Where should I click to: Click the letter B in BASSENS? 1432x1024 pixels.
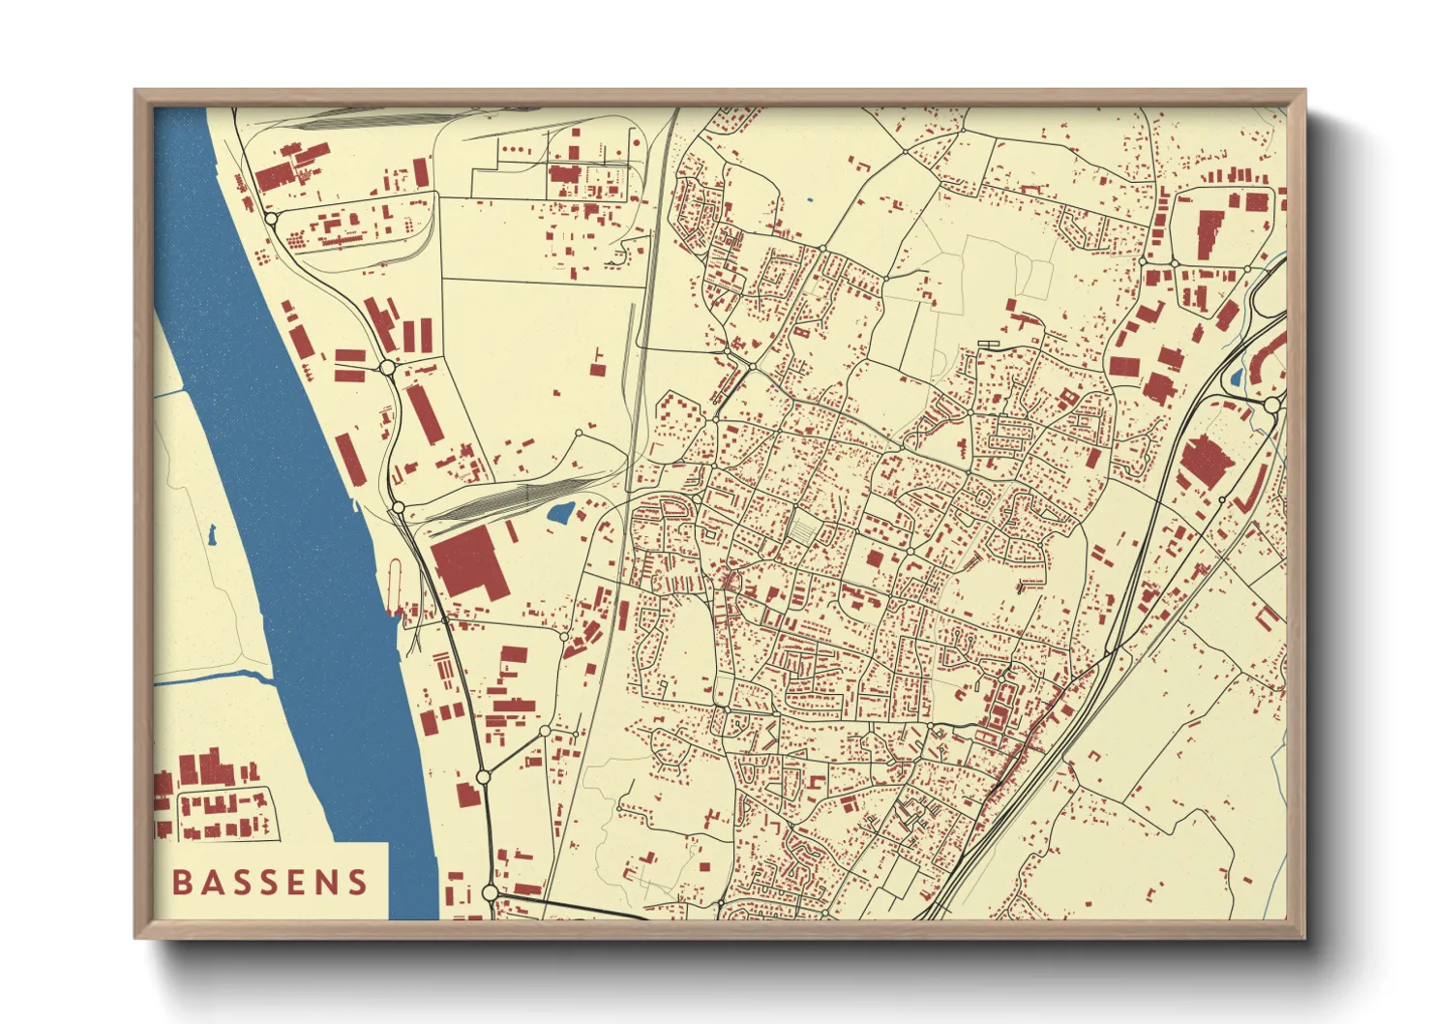coord(181,882)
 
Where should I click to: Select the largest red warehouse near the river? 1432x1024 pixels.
coord(467,564)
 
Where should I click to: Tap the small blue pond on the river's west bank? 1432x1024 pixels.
coord(211,532)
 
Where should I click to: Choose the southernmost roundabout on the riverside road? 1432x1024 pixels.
coord(490,892)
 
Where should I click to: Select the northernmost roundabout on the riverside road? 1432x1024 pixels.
coord(272,219)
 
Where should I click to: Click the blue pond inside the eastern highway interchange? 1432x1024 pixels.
coord(1237,377)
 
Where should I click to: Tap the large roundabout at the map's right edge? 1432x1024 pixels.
coord(1272,405)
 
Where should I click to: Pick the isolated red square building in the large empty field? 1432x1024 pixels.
coord(597,368)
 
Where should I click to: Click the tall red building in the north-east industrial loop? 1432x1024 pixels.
coord(1208,233)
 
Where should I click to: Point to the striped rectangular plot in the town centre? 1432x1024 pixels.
coord(803,528)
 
